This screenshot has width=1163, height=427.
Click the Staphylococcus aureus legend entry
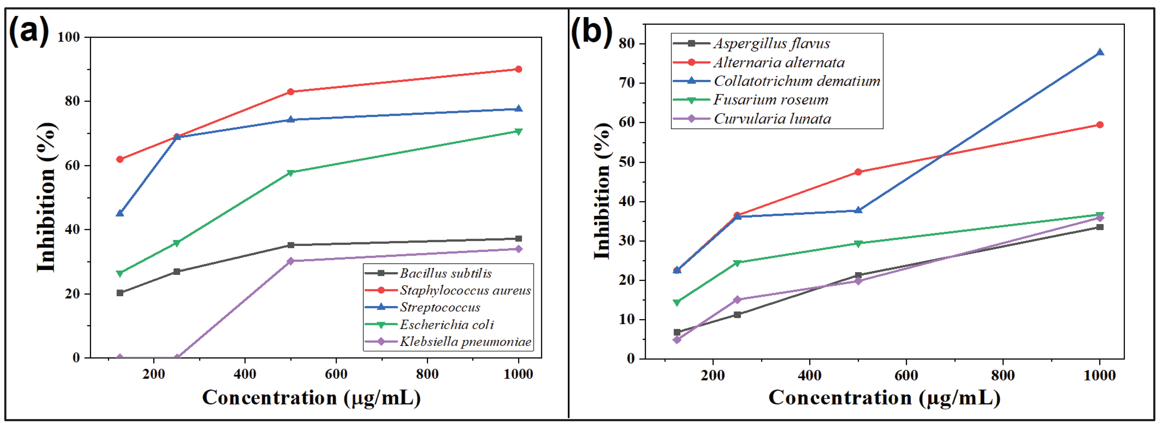tap(465, 290)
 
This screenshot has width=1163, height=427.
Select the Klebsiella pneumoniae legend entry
tap(465, 342)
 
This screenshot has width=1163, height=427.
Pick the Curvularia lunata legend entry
tap(772, 119)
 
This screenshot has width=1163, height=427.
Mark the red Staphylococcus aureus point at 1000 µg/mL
tap(518, 69)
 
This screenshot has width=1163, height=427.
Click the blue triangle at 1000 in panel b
tap(1100, 52)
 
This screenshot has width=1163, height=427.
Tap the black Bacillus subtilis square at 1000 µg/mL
tap(518, 238)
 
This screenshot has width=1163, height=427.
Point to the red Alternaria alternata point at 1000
tap(1100, 125)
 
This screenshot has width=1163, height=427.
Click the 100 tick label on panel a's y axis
tap(69, 37)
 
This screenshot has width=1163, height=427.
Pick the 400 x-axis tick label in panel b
tap(810, 375)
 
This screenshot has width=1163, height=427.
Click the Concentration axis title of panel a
tap(312, 398)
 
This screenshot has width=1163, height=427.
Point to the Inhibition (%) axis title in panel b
tap(602, 191)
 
